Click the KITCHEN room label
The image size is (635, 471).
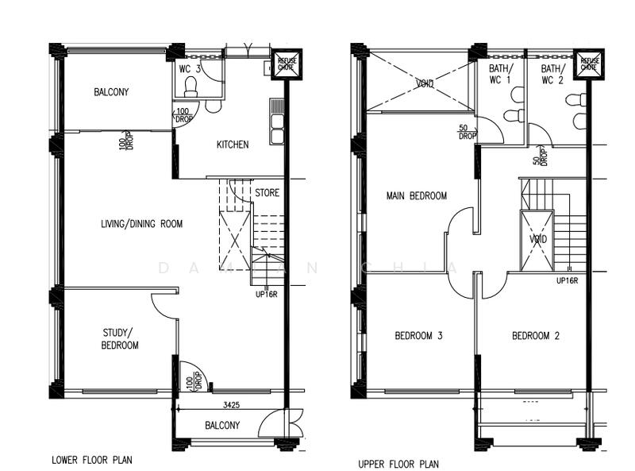point(233,145)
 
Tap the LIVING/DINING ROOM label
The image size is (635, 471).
point(141,224)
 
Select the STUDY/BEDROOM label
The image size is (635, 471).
point(120,338)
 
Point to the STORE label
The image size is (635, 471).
point(267,192)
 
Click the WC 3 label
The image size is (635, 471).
point(190,69)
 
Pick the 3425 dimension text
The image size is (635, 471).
point(233,405)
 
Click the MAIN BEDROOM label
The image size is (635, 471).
point(416,195)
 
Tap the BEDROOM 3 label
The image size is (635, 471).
point(418,336)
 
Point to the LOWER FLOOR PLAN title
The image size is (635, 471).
point(91,459)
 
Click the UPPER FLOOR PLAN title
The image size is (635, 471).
point(398,464)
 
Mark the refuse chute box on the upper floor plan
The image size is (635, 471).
point(588,64)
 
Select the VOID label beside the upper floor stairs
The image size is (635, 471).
point(537,239)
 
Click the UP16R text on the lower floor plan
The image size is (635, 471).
point(266,294)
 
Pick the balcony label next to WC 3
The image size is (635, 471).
point(111,92)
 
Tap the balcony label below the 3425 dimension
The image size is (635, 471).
point(222,426)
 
